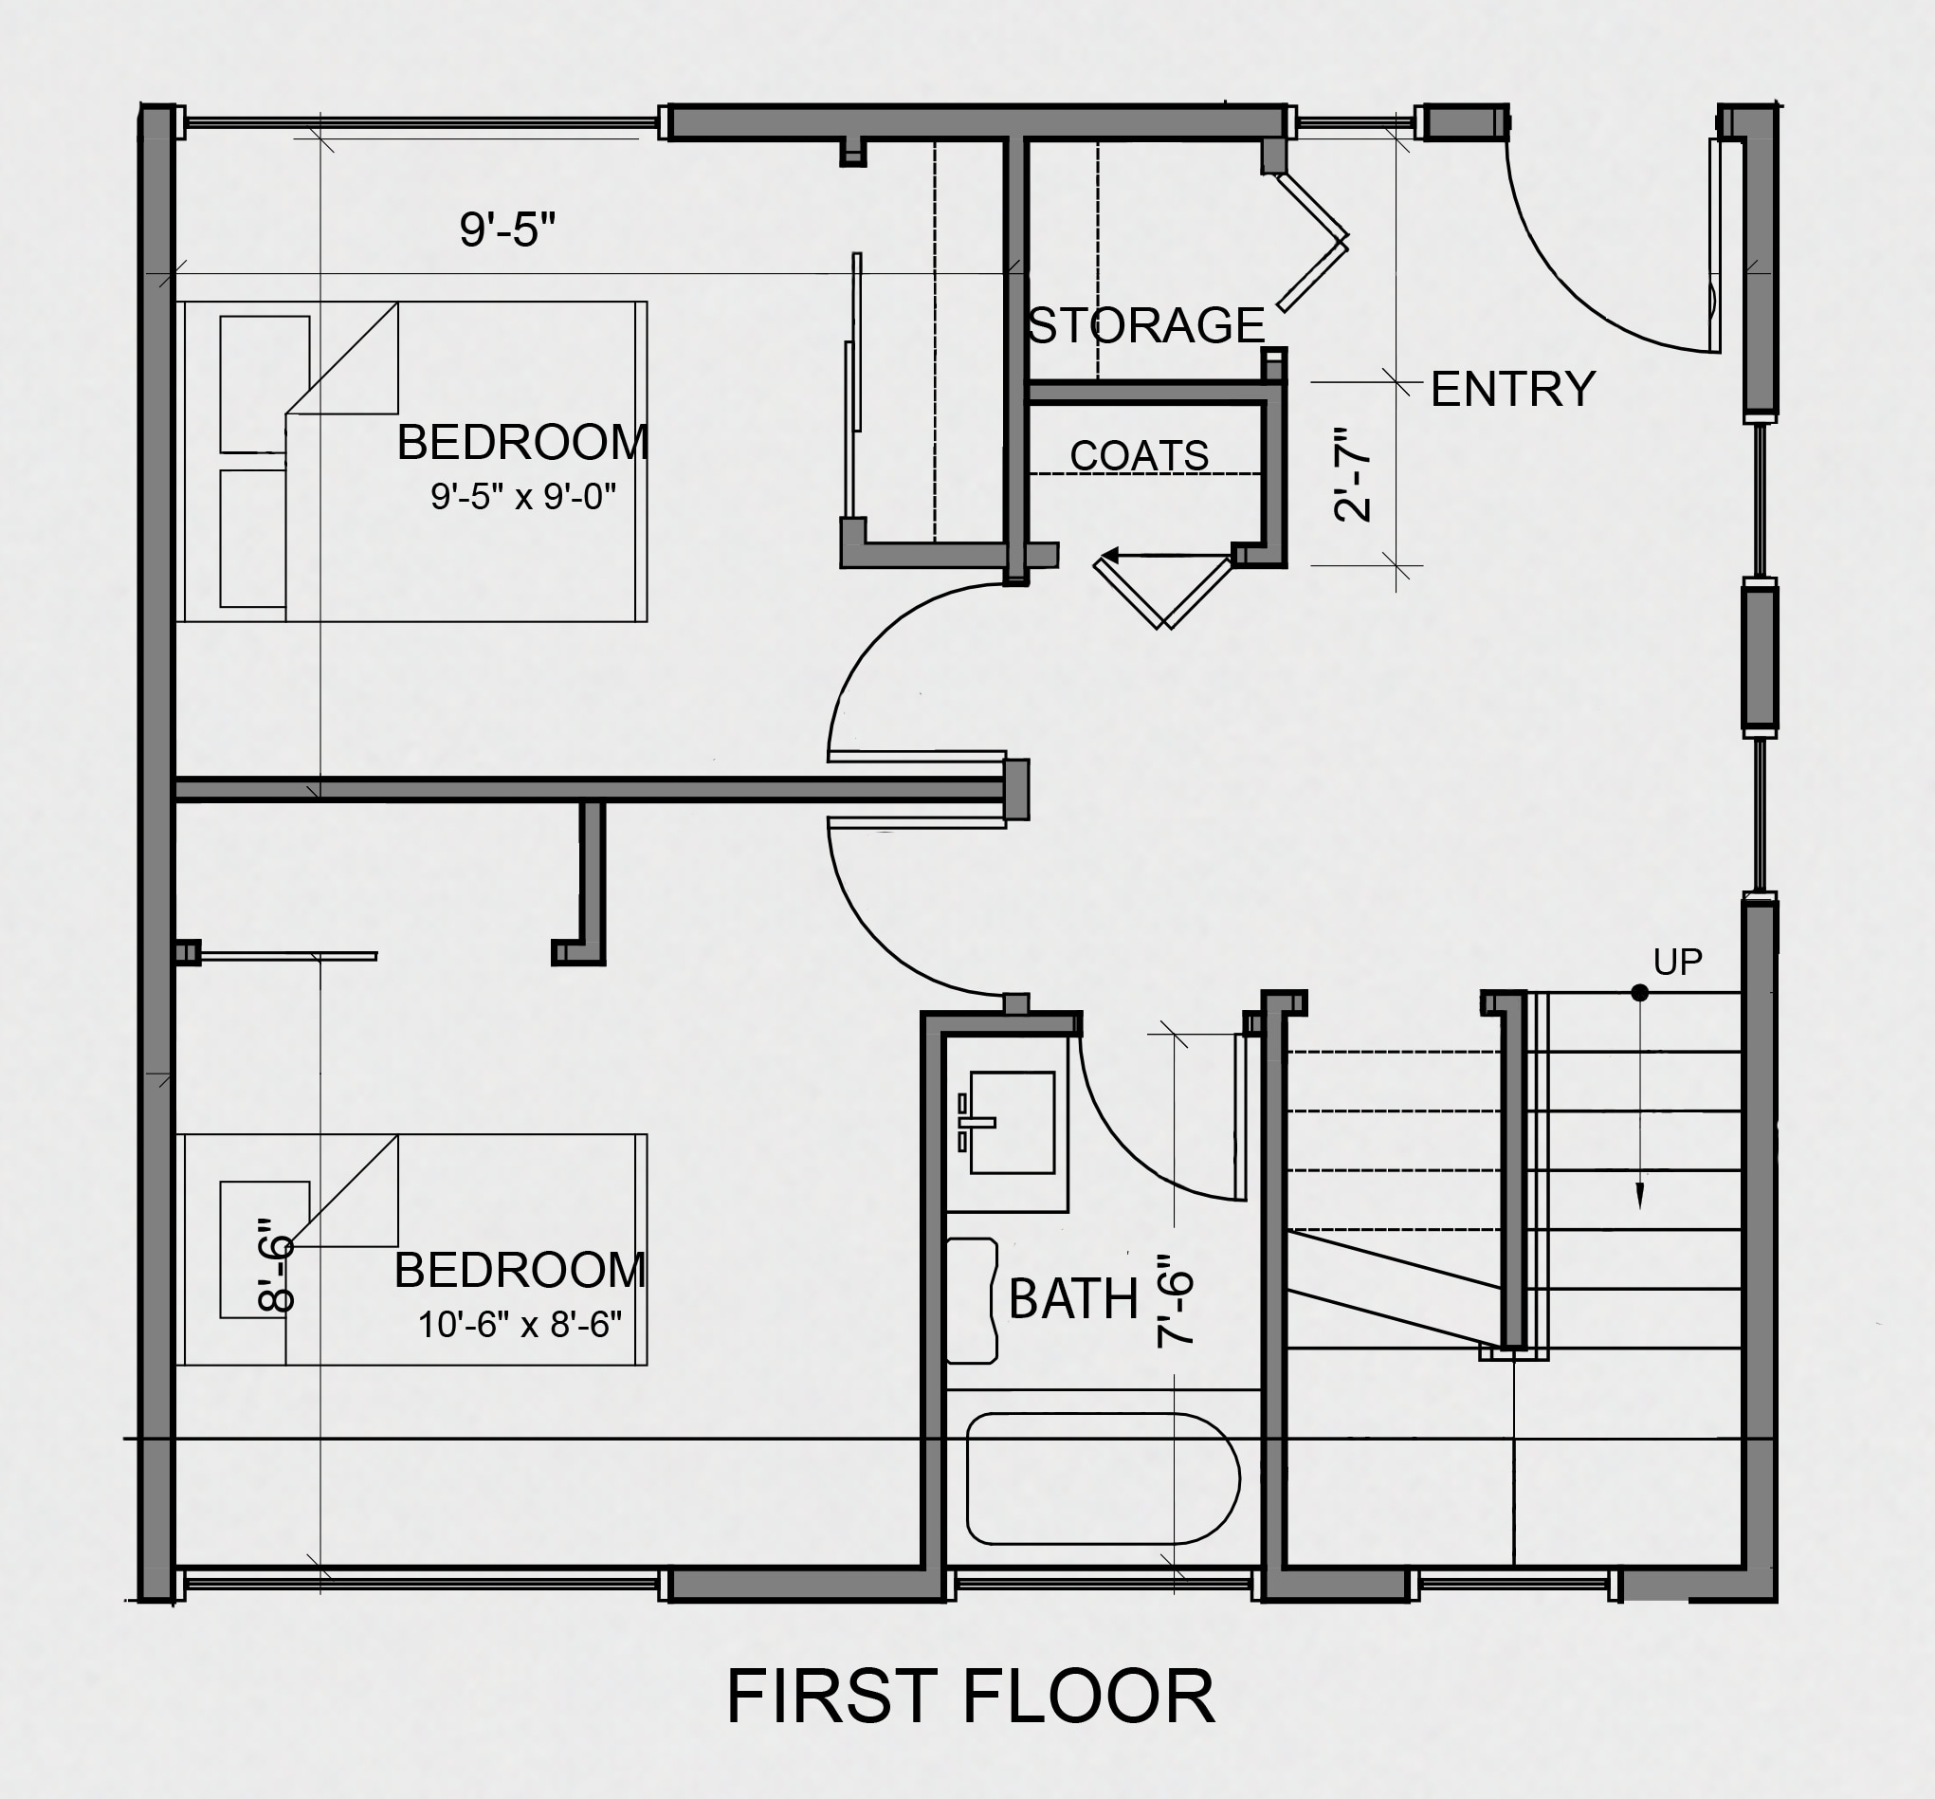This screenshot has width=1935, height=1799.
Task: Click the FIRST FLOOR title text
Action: (x=971, y=1696)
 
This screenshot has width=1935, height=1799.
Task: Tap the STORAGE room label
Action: (x=1145, y=325)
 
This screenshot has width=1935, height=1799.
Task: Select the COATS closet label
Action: (x=1139, y=455)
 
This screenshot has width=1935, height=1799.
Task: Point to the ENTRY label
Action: (x=1512, y=390)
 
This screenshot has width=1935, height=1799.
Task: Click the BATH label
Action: (x=1072, y=1298)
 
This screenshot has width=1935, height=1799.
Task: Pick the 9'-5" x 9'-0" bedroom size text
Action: (x=523, y=497)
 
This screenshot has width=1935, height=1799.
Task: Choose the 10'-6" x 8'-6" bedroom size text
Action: (x=520, y=1325)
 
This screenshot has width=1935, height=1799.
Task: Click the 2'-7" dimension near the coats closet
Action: (x=1352, y=474)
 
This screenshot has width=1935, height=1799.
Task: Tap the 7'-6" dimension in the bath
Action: (x=1175, y=1300)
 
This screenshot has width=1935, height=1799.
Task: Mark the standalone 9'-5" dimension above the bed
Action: (x=507, y=229)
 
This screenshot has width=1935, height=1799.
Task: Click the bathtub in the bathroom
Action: (x=1103, y=1478)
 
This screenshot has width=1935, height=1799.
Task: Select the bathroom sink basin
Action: (x=1012, y=1123)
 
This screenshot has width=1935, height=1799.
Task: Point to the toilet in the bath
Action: (x=973, y=1300)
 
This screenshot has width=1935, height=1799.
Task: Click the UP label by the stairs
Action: (x=1677, y=962)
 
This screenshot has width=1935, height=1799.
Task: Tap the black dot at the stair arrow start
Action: (x=1640, y=993)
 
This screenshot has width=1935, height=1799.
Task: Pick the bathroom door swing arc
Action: (x=1129, y=1148)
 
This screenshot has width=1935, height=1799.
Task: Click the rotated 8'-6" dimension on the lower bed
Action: (x=276, y=1264)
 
